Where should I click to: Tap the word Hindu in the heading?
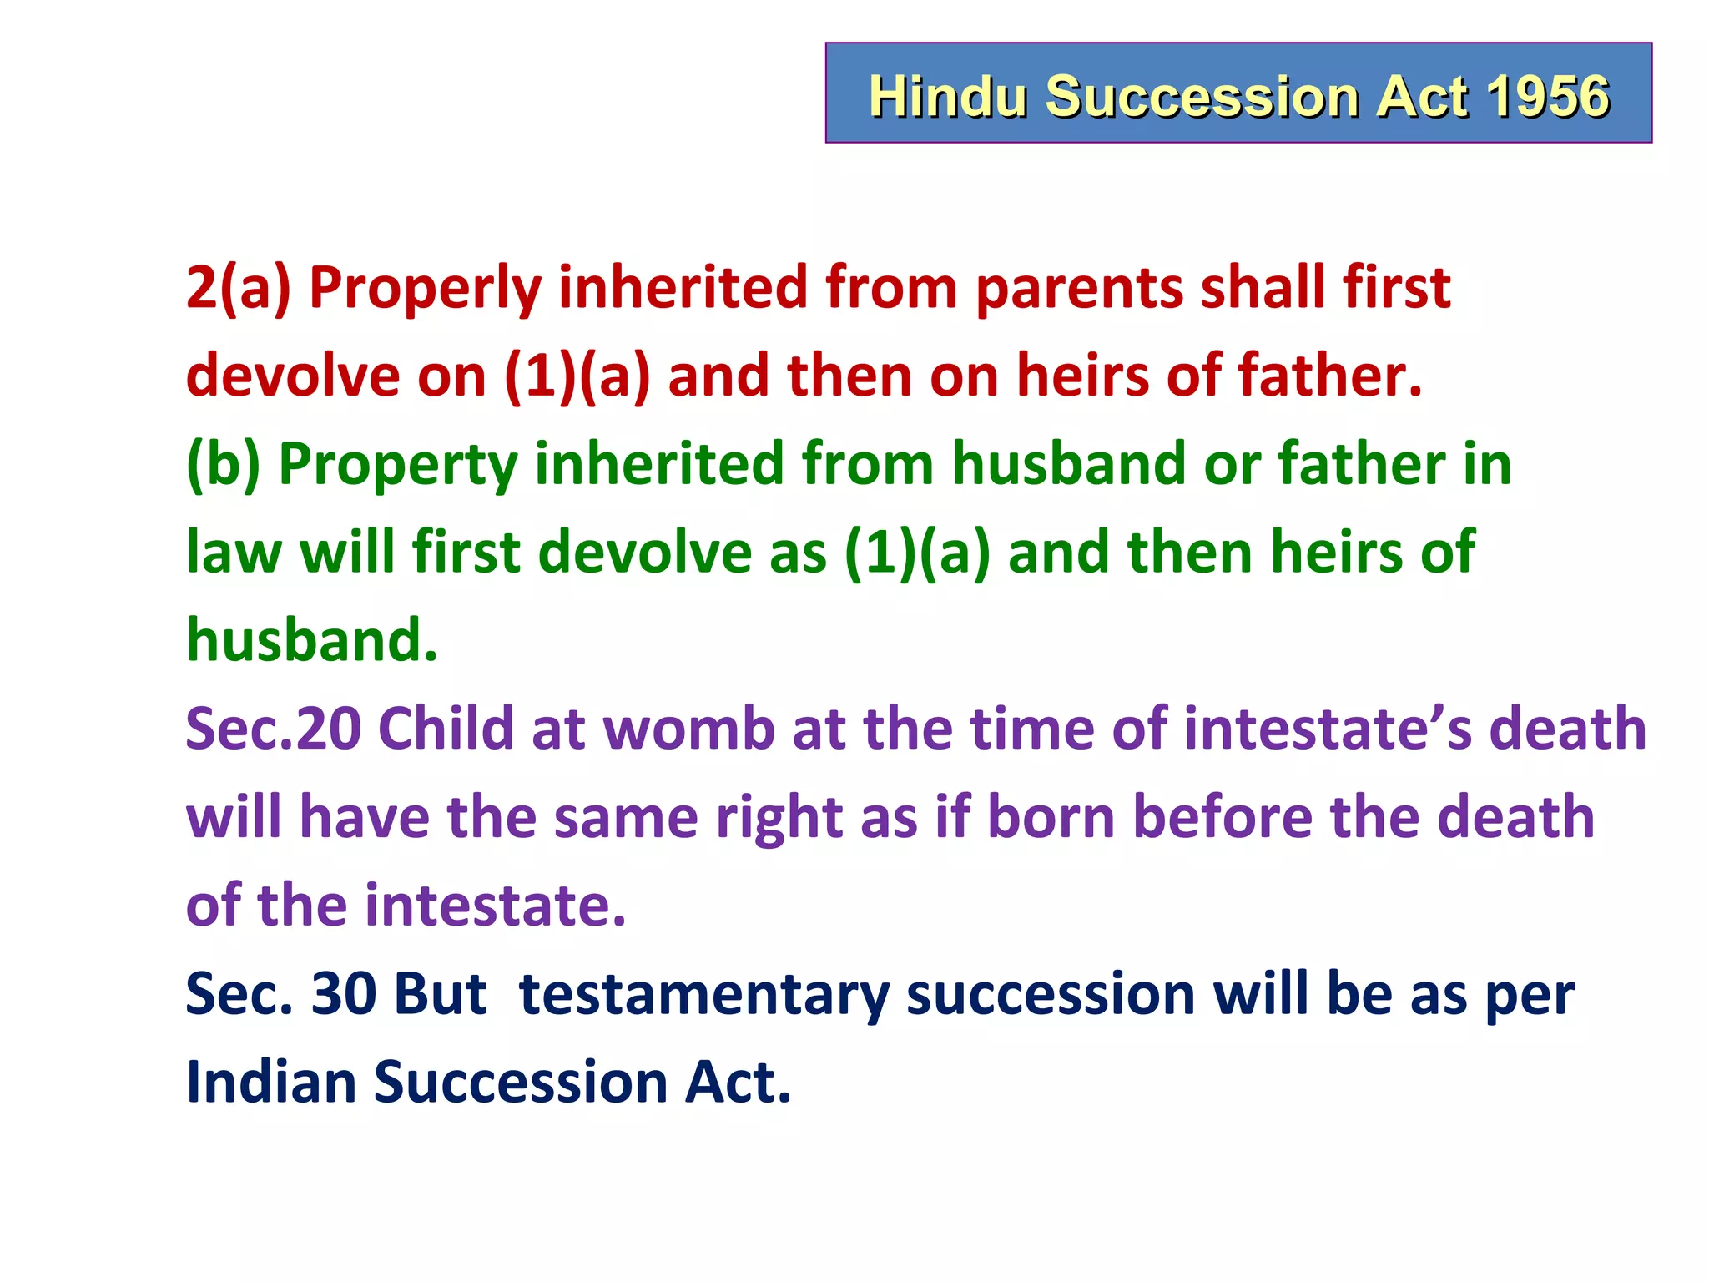948,96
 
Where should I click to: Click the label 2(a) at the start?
238,289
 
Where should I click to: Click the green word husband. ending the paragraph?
311,640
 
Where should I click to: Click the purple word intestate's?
1328,729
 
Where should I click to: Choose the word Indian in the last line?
270,1083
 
